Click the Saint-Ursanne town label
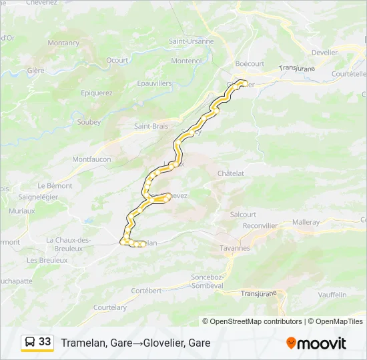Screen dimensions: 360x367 [191, 41]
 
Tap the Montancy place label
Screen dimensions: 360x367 [63, 43]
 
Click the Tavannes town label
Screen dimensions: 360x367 [234, 248]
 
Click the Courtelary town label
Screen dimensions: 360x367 [110, 307]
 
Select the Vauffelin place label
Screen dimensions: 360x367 [332, 294]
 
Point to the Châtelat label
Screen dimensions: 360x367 [231, 173]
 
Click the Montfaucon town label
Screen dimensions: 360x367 [91, 159]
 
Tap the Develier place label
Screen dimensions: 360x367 [325, 51]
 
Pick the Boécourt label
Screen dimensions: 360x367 [250, 63]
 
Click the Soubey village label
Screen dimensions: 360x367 [89, 122]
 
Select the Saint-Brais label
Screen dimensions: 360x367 [151, 126]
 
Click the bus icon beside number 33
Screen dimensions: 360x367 [30, 342]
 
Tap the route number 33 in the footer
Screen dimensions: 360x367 [45, 342]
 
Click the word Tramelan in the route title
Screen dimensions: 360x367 [83, 343]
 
